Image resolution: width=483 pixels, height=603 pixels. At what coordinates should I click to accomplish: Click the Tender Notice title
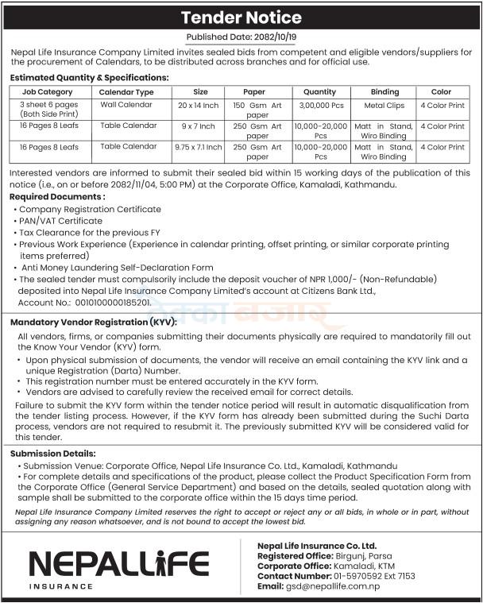(241, 17)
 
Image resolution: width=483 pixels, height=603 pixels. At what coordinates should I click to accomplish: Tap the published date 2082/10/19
(266, 37)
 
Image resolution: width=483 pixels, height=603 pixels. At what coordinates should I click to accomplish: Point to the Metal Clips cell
(384, 105)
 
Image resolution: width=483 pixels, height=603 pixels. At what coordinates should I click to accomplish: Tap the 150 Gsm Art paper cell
(257, 110)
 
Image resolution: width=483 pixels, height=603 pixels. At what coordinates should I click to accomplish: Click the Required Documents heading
(56, 195)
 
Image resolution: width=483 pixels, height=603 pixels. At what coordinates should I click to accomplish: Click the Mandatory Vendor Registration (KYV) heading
(93, 323)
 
